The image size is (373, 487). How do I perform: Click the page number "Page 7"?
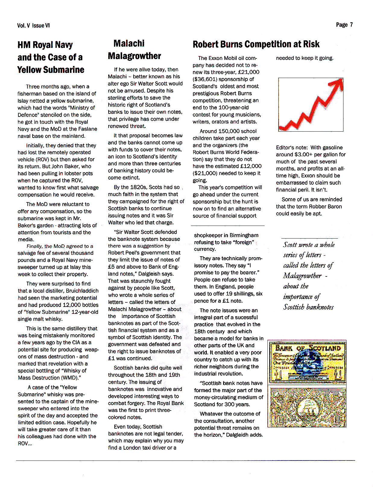pyautogui.click(x=344, y=25)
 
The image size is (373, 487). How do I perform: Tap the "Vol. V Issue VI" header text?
pyautogui.click(x=33, y=26)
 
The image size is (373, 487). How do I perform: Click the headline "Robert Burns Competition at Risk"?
pyautogui.click(x=256, y=44)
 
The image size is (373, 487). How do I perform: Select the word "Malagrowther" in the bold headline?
pyautogui.click(x=134, y=56)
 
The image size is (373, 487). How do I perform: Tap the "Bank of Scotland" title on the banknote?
pyautogui.click(x=308, y=348)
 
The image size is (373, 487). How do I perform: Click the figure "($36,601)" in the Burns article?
pyautogui.click(x=205, y=79)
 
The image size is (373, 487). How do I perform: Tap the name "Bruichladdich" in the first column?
pyautogui.click(x=82, y=291)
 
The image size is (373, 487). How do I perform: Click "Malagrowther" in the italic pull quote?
pyautogui.click(x=302, y=276)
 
